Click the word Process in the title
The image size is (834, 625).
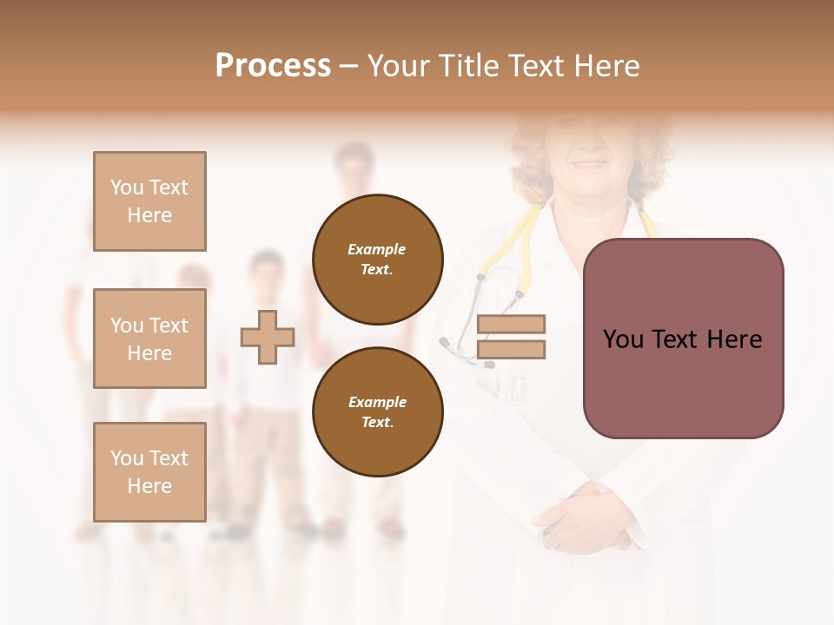tap(273, 66)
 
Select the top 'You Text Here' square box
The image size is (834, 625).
tap(149, 201)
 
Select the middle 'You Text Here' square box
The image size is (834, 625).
tap(149, 339)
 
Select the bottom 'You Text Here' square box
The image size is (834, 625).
tap(149, 472)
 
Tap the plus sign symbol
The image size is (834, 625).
tap(268, 337)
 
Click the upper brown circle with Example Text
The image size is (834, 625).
tap(377, 259)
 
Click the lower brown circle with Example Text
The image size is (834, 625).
tap(377, 411)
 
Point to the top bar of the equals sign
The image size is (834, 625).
tap(511, 324)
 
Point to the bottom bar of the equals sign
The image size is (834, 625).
tap(511, 350)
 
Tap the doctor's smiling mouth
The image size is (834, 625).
tap(590, 164)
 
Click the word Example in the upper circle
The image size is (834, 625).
tap(377, 249)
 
